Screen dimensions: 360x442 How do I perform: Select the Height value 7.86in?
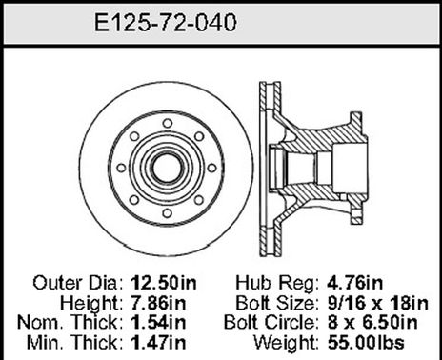click(x=156, y=301)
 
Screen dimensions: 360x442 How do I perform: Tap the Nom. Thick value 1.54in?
click(x=156, y=319)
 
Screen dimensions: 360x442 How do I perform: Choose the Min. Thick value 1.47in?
click(x=156, y=338)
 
